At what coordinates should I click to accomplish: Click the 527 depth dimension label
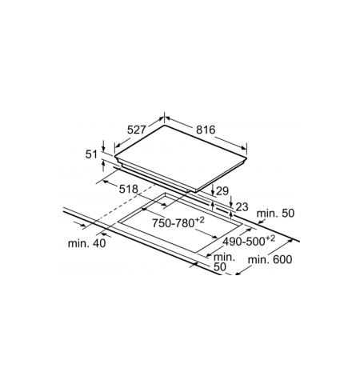tap(136, 130)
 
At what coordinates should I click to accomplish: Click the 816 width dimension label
tap(206, 130)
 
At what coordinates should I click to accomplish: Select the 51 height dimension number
tap(91, 154)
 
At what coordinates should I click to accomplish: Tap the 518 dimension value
tap(128, 189)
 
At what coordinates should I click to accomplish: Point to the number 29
tap(222, 191)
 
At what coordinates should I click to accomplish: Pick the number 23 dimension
tap(242, 207)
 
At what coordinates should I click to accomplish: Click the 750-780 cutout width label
tap(178, 222)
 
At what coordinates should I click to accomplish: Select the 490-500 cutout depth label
tap(249, 241)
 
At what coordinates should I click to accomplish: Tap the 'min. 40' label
tap(86, 243)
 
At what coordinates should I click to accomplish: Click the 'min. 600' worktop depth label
tap(270, 259)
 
